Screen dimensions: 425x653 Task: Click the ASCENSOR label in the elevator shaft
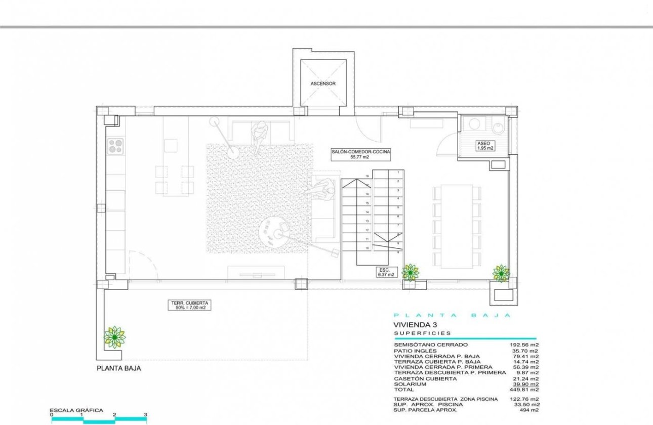pos(322,83)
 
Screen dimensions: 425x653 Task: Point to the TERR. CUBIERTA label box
pos(189,305)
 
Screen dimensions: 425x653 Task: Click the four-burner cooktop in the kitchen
pos(115,146)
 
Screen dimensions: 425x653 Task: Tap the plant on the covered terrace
pos(115,336)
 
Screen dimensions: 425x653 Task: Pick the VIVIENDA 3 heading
pos(415,325)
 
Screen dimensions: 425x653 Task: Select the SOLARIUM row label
pos(411,384)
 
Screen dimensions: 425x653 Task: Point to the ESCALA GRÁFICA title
pos(76,410)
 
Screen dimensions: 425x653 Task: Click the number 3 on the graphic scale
pos(146,415)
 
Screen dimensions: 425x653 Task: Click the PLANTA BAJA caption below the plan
pos(118,369)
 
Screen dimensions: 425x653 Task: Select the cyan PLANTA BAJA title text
pos(453,315)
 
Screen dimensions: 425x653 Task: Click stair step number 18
pos(367,176)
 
